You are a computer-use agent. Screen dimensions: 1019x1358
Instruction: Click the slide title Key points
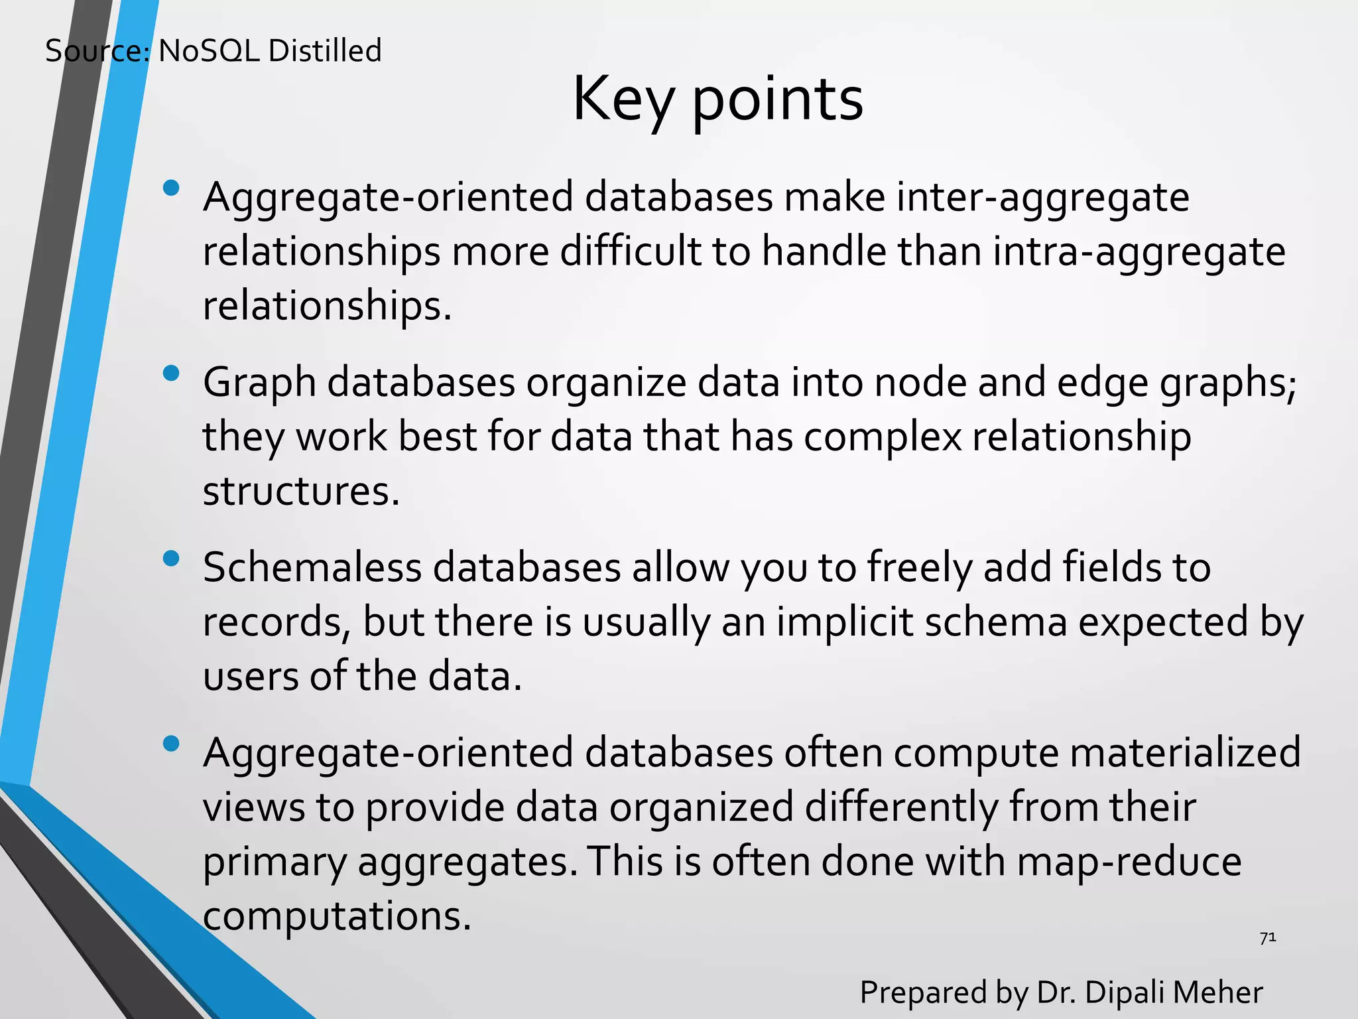(x=717, y=100)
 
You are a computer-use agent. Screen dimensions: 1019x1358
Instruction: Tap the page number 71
(x=1267, y=938)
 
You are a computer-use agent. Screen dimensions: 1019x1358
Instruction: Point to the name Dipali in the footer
(x=1126, y=992)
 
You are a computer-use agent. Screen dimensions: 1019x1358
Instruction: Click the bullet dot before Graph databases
(x=171, y=374)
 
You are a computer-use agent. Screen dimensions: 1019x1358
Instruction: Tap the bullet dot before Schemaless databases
(x=171, y=559)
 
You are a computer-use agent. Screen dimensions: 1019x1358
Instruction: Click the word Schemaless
(x=312, y=568)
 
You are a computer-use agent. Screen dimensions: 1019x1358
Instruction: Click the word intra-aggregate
(x=1139, y=253)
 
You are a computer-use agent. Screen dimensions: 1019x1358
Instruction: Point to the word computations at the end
(x=336, y=917)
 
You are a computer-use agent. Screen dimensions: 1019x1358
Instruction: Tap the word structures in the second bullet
(x=301, y=492)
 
